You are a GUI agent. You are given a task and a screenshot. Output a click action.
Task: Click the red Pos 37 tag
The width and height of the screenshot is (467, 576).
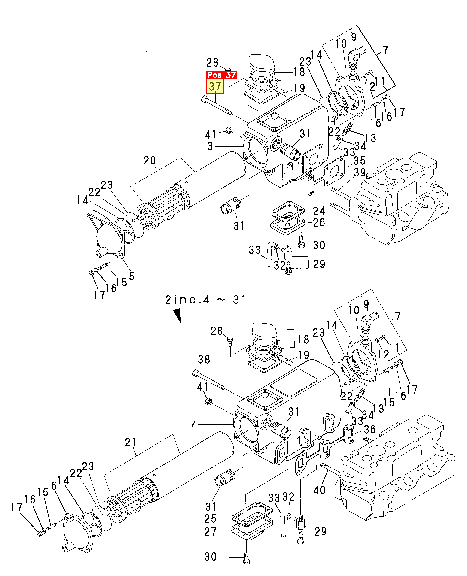pyautogui.click(x=221, y=75)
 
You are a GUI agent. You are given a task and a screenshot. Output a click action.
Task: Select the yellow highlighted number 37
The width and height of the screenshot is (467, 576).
pyautogui.click(x=215, y=87)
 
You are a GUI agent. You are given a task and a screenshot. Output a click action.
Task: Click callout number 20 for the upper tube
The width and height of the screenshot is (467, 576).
pyautogui.click(x=150, y=161)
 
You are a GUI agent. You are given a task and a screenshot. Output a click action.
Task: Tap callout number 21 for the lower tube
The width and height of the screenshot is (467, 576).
pyautogui.click(x=131, y=442)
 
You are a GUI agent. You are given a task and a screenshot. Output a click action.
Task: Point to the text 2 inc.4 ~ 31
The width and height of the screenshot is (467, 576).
pyautogui.click(x=206, y=300)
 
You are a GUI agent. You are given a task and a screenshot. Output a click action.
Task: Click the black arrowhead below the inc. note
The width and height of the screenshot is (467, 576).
pyautogui.click(x=177, y=315)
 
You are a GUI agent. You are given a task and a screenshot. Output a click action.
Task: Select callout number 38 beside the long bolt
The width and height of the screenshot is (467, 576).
pyautogui.click(x=204, y=359)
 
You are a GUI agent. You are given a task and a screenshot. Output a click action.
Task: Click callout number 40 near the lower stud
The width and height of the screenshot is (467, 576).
pyautogui.click(x=319, y=490)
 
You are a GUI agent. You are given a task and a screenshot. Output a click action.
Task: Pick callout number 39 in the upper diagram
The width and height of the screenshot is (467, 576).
pyautogui.click(x=360, y=172)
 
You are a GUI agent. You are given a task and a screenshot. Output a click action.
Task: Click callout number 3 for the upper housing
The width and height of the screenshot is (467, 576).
pyautogui.click(x=210, y=146)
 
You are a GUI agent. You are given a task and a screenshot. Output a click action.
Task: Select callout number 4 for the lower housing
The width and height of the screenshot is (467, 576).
pyautogui.click(x=194, y=425)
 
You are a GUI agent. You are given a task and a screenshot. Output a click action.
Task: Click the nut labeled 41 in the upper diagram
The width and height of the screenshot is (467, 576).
pyautogui.click(x=229, y=130)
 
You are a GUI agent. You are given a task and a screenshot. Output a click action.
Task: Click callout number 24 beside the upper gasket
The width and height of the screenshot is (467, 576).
pyautogui.click(x=319, y=211)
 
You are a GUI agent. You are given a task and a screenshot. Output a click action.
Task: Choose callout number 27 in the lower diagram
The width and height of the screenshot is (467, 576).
pyautogui.click(x=210, y=532)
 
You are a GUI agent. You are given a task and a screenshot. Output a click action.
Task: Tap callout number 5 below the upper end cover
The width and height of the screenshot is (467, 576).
pyautogui.click(x=131, y=276)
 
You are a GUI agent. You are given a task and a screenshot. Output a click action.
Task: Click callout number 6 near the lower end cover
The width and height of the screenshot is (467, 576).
pyautogui.click(x=54, y=486)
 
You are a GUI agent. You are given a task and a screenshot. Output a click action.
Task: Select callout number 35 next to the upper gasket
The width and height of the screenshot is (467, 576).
pyautogui.click(x=359, y=161)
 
